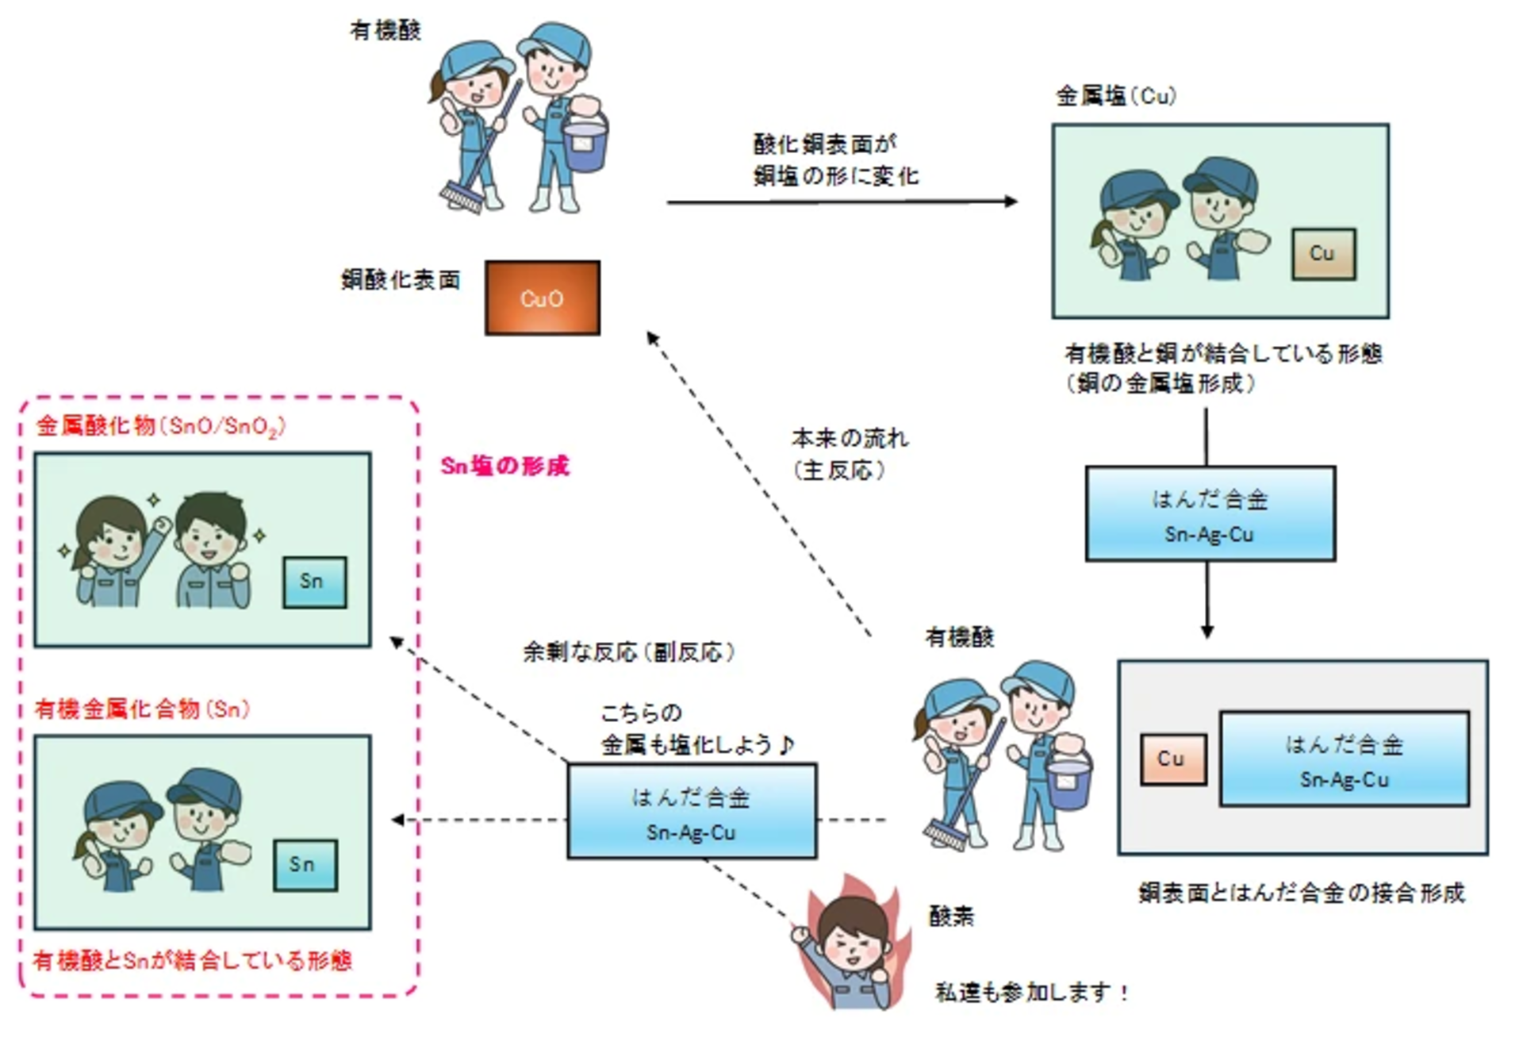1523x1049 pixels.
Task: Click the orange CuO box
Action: (x=542, y=298)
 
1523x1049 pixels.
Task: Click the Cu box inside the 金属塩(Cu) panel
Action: (x=1323, y=254)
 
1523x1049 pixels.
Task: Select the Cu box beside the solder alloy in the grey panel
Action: (x=1173, y=759)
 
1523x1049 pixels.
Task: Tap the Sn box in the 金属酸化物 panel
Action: (x=314, y=582)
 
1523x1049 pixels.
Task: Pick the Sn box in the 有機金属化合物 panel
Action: (x=305, y=864)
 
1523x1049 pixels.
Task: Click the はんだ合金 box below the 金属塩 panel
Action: (x=1210, y=514)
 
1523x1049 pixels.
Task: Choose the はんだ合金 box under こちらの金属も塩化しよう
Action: (x=691, y=812)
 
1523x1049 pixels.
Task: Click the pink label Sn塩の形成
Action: (x=504, y=466)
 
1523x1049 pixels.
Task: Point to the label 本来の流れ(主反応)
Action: (x=850, y=454)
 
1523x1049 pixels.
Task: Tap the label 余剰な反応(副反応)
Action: (x=628, y=652)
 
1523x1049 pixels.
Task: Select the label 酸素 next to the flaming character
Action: (x=951, y=916)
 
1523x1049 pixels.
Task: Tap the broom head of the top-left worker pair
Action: (x=461, y=197)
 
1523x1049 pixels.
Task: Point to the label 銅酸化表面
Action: (x=401, y=280)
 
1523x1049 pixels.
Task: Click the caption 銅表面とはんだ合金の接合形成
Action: (x=1301, y=893)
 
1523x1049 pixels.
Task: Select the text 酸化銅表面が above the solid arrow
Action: (x=824, y=144)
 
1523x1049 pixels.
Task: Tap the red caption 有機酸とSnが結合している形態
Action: (x=192, y=961)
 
